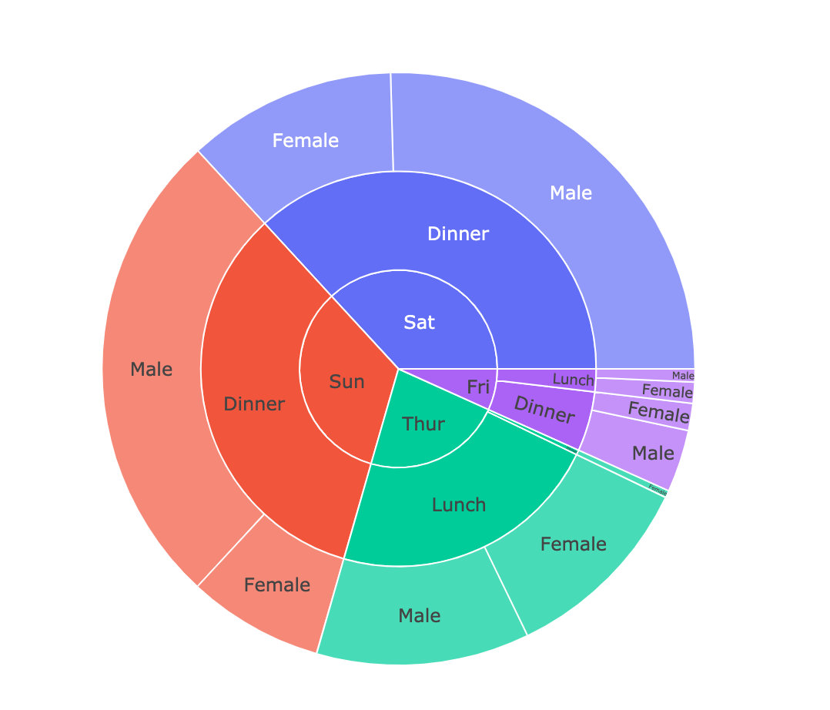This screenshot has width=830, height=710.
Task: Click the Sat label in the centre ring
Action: click(x=419, y=323)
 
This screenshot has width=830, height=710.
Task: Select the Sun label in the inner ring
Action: click(x=346, y=381)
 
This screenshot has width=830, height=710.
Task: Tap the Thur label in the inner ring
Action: click(x=423, y=423)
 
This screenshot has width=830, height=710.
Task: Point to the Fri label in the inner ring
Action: click(x=478, y=387)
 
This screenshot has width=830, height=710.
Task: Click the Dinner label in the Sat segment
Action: click(x=457, y=233)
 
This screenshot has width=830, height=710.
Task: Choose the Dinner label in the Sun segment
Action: click(x=254, y=404)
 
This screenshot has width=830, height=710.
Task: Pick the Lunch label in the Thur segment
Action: click(x=459, y=504)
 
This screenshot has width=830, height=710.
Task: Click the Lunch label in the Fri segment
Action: click(x=573, y=380)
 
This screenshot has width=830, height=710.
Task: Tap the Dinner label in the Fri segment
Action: click(x=544, y=410)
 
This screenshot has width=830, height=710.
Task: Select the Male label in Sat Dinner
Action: click(x=571, y=193)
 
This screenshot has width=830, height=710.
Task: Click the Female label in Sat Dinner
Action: click(x=306, y=140)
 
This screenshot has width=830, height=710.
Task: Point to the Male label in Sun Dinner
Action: click(x=151, y=369)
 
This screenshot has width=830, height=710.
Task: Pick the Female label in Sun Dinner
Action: click(x=276, y=584)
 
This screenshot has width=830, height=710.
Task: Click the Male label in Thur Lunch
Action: click(x=420, y=615)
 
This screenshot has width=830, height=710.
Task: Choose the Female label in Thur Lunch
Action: click(x=573, y=544)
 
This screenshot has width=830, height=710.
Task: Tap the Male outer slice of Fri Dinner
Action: click(x=653, y=453)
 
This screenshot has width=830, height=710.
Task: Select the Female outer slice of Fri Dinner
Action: click(x=658, y=412)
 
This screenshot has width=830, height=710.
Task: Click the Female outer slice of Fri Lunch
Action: click(x=667, y=391)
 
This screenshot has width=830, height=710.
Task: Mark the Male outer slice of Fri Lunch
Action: click(x=682, y=375)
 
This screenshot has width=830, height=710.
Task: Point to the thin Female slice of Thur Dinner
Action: click(x=658, y=489)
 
